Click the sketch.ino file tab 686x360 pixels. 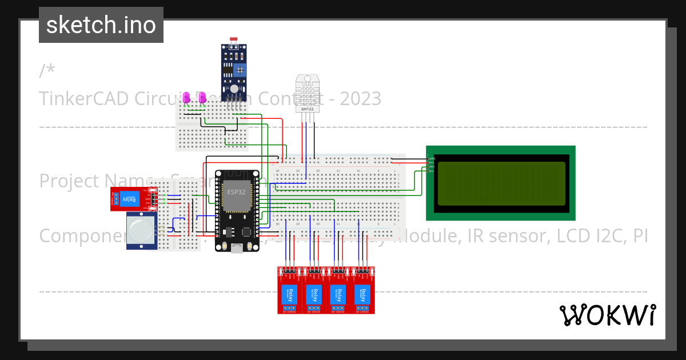[101, 25]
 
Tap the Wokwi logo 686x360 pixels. [607, 315]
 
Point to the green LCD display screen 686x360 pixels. [500, 183]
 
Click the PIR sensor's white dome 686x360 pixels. [140, 230]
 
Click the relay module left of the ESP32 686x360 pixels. [130, 198]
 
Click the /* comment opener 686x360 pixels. [47, 71]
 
